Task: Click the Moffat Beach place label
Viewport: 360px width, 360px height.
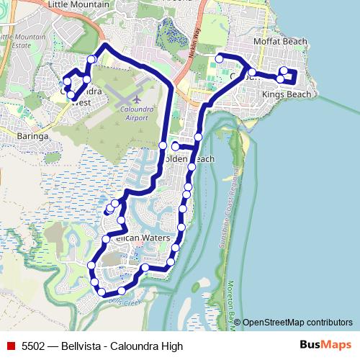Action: pos(287,42)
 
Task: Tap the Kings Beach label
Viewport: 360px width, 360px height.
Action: pos(287,95)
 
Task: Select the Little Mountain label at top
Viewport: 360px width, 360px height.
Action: pos(78,4)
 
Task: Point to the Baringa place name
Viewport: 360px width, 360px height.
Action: pos(32,135)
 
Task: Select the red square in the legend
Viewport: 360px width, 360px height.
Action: pos(10,346)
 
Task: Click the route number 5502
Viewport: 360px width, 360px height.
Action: pos(34,346)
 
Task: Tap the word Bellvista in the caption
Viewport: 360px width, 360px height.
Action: pos(82,346)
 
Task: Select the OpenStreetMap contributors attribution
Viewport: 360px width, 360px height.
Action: pos(297,323)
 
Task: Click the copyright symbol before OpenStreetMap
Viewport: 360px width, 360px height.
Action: pos(238,323)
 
